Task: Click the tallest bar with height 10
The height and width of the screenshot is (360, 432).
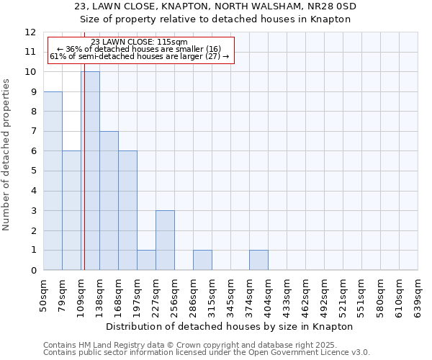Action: point(90,171)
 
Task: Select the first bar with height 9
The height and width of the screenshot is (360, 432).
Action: point(53,181)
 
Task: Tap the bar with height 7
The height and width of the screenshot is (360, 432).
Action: point(109,201)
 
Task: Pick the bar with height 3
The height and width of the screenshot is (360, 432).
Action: point(165,240)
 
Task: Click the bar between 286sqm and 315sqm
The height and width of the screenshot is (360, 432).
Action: point(202,260)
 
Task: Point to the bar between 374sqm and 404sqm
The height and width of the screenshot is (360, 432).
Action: point(258,260)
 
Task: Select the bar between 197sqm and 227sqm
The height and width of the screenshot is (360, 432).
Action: point(146,260)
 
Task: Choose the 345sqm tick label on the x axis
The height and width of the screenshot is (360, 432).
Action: point(231,295)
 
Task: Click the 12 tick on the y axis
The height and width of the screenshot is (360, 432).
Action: point(30,32)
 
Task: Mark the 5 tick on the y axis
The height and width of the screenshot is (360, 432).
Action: point(33,171)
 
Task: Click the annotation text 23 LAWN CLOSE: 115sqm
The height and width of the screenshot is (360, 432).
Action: point(140,42)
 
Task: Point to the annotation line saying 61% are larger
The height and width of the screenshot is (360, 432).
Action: point(140,56)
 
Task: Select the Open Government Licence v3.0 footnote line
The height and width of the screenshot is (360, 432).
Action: point(207,352)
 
